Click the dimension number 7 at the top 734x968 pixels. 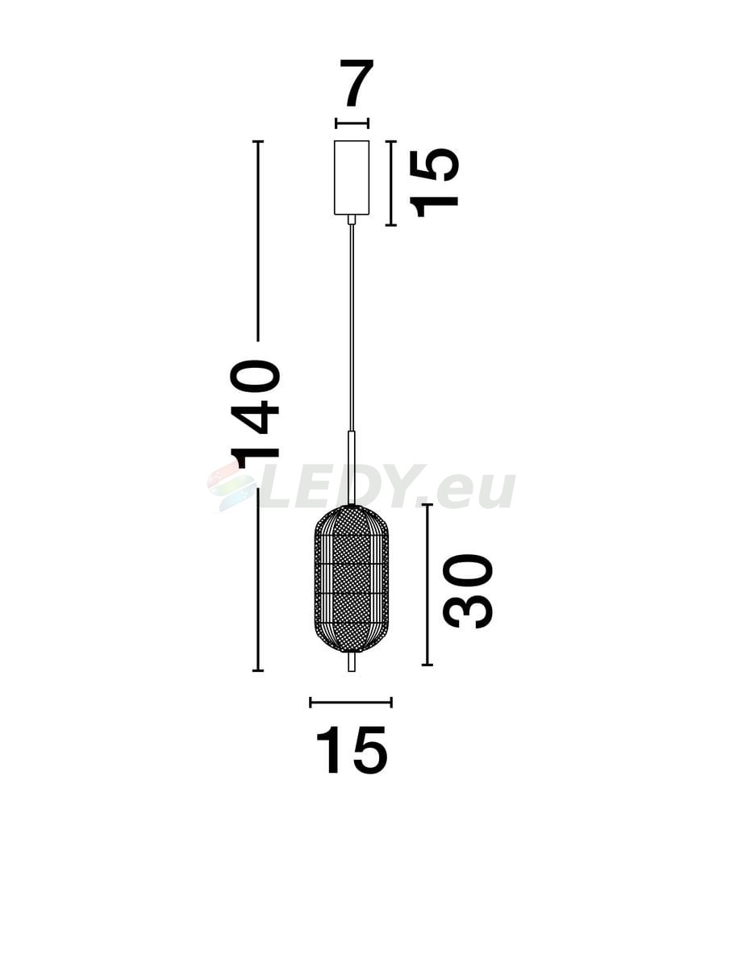[x=357, y=83]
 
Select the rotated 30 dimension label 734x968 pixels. [x=468, y=591]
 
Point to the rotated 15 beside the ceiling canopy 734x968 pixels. [x=434, y=182]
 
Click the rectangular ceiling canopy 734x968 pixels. [x=352, y=177]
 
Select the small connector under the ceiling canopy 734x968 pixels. [x=352, y=219]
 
